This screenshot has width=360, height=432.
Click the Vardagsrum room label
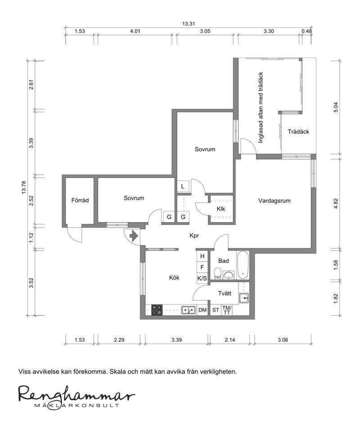point(274,200)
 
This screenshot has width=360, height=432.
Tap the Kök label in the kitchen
point(174,277)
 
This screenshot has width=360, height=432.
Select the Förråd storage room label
point(80,200)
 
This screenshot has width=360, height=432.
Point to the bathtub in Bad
point(243,265)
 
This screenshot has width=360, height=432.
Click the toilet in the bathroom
point(217,273)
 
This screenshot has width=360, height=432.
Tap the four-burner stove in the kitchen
point(157,309)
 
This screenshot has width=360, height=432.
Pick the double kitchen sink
point(189,310)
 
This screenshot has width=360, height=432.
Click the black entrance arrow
point(134,236)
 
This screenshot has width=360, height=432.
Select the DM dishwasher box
point(202,310)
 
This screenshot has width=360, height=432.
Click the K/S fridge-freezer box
point(202,278)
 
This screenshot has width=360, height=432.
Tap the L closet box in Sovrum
point(183,186)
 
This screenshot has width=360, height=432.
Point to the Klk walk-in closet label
point(221,209)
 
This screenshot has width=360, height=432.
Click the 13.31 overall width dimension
point(189,24)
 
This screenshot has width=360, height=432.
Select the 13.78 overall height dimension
point(24,187)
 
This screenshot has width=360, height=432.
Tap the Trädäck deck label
point(298,132)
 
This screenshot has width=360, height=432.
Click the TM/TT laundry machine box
point(227,310)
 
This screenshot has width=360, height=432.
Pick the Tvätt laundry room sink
point(243,298)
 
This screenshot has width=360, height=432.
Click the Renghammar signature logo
point(76,396)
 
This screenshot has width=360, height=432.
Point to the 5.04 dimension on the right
point(335,107)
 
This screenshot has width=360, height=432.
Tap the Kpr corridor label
point(194,236)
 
